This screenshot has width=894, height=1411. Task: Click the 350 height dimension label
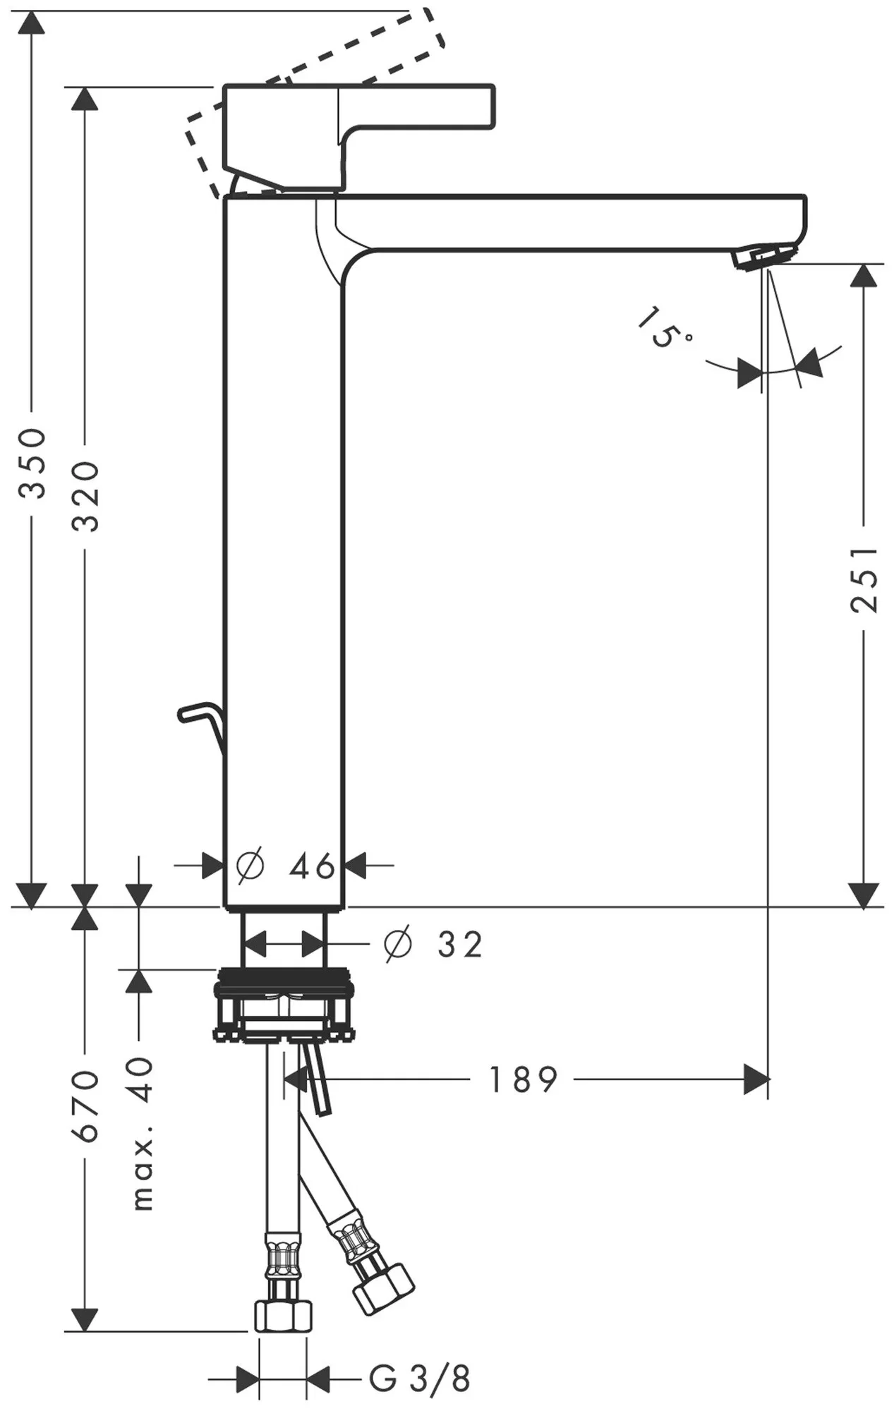(x=32, y=463)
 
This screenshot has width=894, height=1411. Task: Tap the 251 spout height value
(x=864, y=579)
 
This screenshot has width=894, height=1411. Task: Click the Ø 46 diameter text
(x=286, y=866)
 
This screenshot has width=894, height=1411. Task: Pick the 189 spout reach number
(x=523, y=1079)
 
